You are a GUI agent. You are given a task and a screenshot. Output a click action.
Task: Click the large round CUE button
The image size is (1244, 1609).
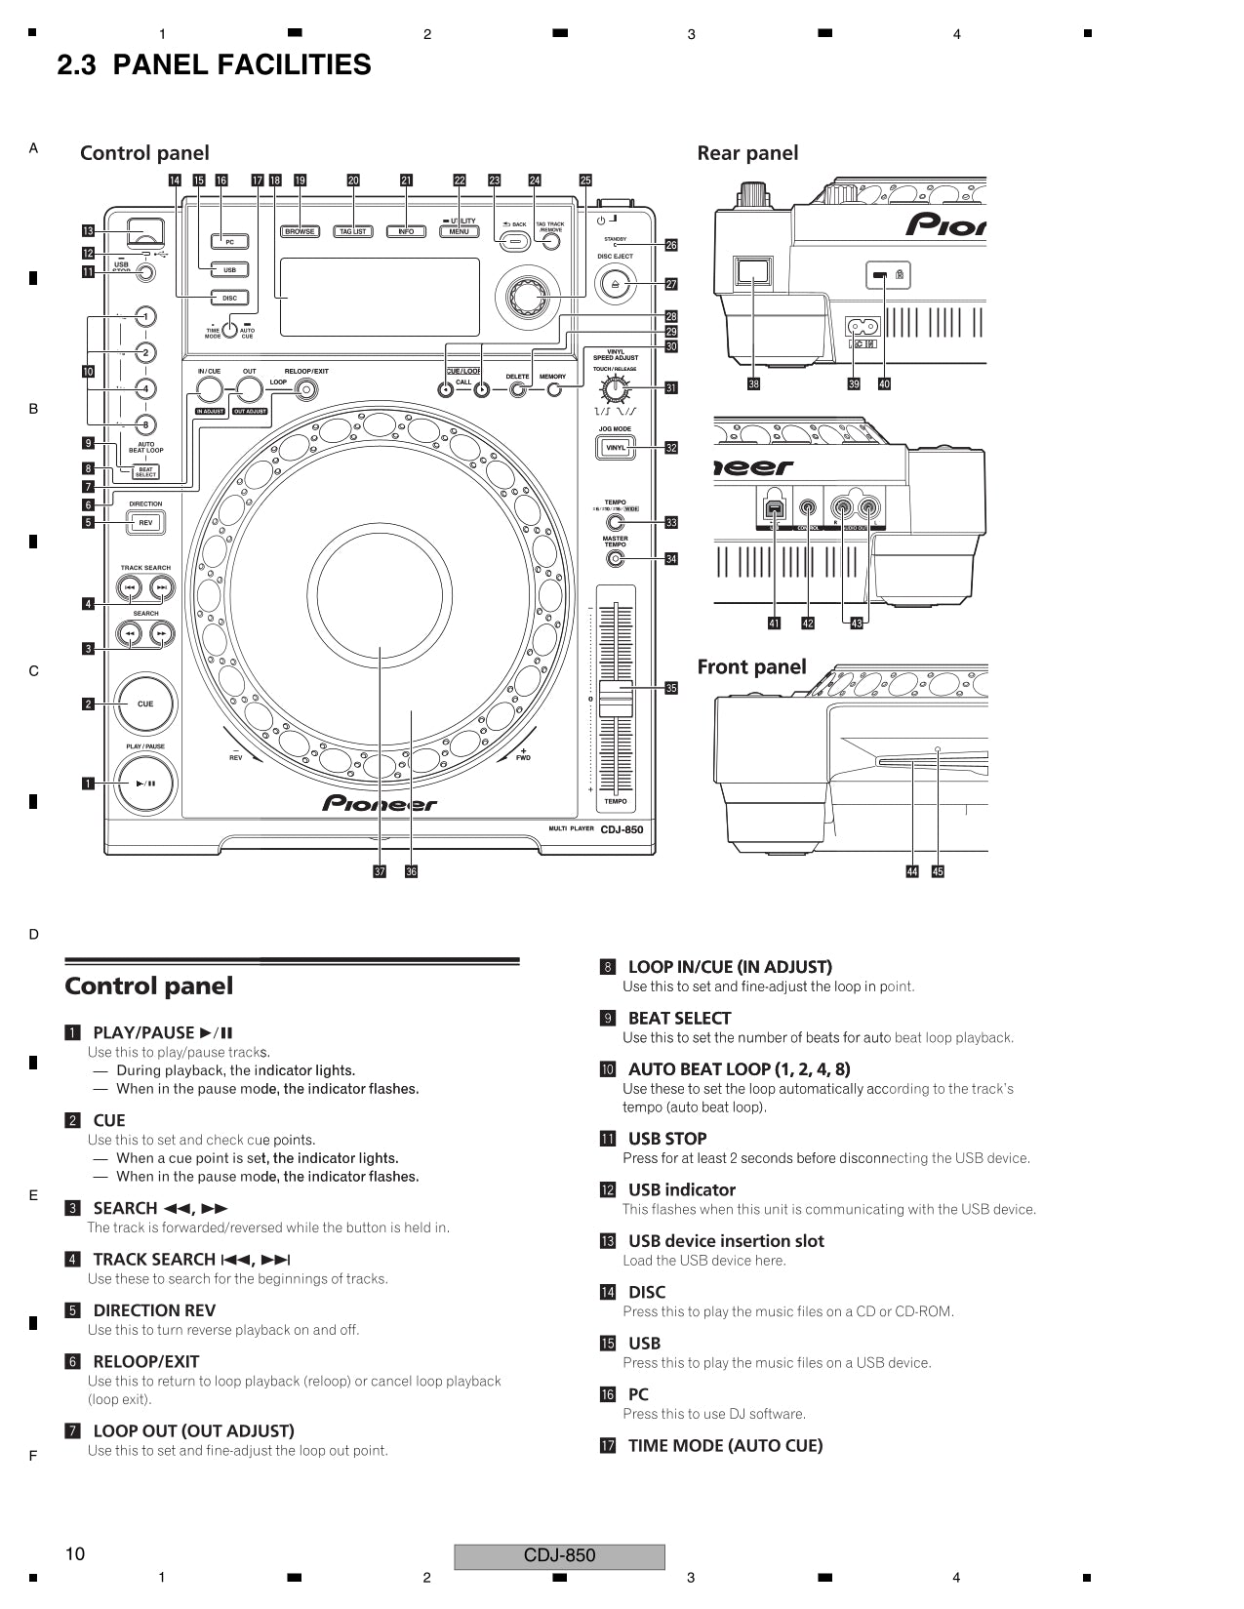144,704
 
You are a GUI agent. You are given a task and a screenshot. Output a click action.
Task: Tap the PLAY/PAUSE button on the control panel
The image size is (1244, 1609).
144,783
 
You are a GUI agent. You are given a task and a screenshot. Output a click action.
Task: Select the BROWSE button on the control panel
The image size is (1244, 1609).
300,231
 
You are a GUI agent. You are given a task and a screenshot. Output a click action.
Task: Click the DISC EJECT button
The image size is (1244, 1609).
615,284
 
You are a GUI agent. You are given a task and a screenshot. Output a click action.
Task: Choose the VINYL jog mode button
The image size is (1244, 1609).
616,448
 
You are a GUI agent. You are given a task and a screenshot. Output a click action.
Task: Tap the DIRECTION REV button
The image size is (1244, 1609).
145,523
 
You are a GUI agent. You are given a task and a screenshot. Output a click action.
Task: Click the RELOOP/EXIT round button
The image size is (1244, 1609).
306,390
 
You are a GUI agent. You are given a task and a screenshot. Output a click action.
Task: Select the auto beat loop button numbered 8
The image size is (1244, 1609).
144,424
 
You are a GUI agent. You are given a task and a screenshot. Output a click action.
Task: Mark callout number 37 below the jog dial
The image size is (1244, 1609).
380,871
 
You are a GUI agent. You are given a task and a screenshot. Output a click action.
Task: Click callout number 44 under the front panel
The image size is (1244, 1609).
912,871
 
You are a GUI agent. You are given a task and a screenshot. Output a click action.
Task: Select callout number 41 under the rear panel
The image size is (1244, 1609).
774,623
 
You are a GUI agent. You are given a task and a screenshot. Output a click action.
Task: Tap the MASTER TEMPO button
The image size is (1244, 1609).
615,559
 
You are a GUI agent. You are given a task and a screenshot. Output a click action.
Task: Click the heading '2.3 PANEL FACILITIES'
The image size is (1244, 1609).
214,65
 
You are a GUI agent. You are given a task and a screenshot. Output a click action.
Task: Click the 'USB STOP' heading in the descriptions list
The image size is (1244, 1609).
667,1139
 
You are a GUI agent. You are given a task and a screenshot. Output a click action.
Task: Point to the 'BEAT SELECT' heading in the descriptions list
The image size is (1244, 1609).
679,1018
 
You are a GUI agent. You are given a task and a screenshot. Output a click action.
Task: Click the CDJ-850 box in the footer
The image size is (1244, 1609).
559,1556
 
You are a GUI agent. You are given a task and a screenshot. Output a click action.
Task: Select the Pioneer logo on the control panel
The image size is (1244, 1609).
380,804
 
